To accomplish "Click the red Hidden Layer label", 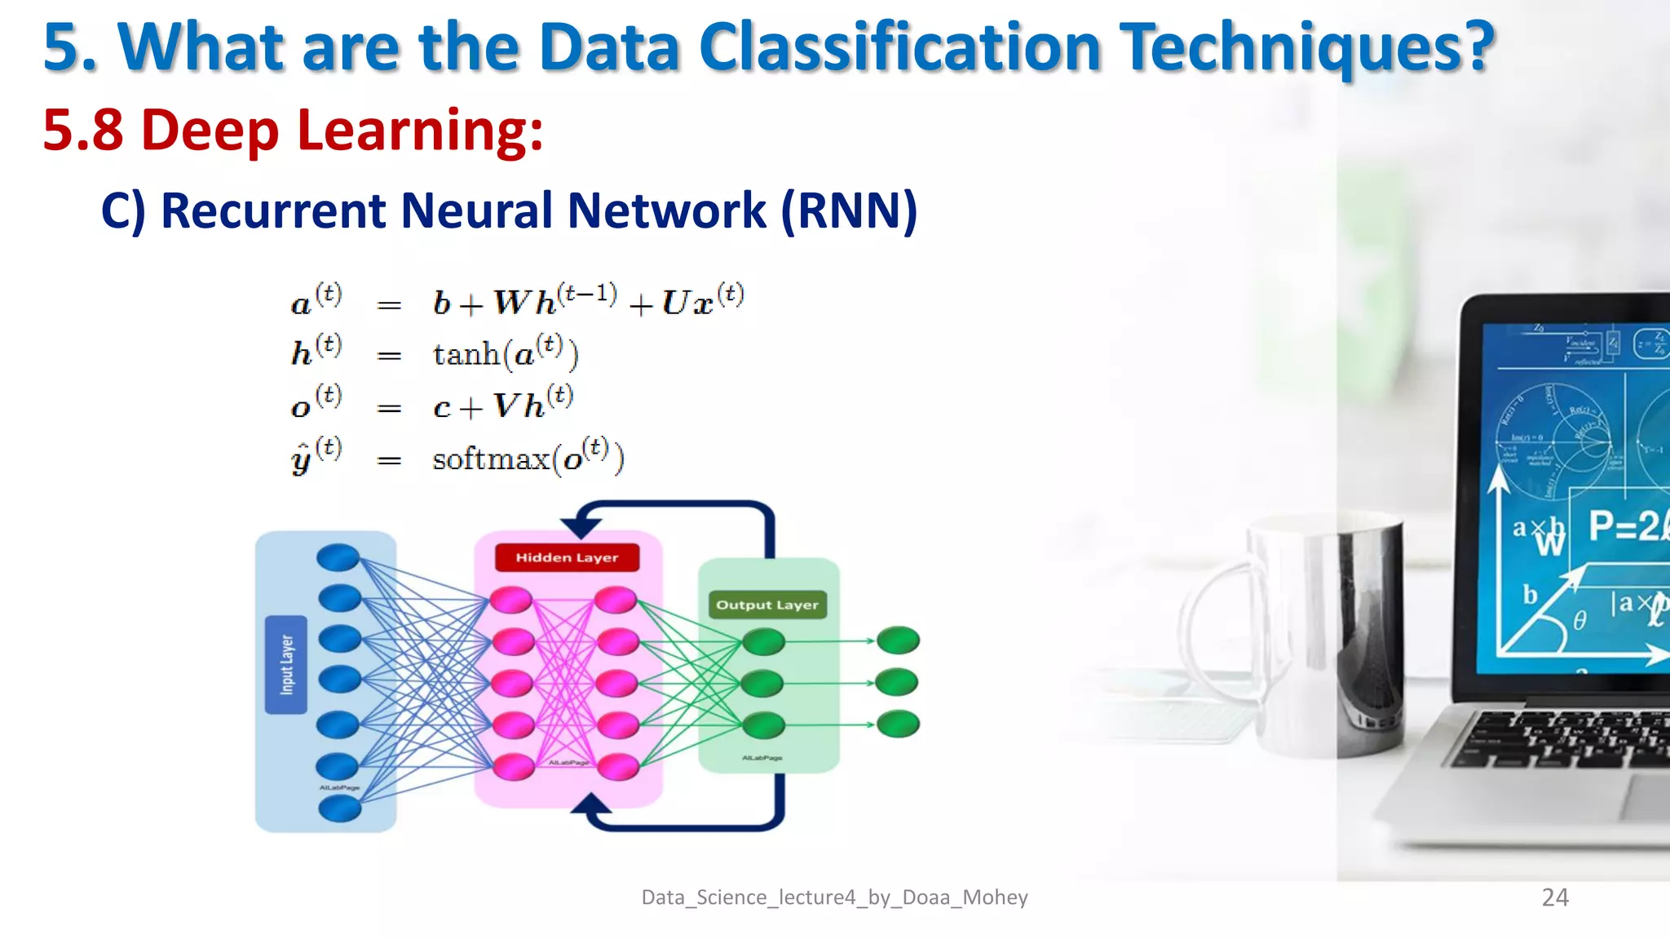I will coord(567,558).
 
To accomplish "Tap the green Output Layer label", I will coord(767,605).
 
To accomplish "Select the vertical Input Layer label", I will coord(286,665).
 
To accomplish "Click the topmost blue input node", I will coord(338,558).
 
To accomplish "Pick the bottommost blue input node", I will coord(339,809).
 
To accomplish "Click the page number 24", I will coord(1554,898).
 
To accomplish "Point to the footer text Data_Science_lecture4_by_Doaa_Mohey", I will coord(834,898).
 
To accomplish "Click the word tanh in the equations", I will coord(466,355).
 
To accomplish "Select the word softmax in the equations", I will coord(491,459).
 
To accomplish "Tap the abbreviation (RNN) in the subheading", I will coord(849,211).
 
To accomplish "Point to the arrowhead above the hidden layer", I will coord(581,526).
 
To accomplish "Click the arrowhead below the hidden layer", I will coord(590,807).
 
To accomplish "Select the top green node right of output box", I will coord(898,641).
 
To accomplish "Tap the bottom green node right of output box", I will coord(898,724).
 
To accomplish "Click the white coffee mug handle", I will coord(1207,636).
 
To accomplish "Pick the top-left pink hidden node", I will coord(511,601).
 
